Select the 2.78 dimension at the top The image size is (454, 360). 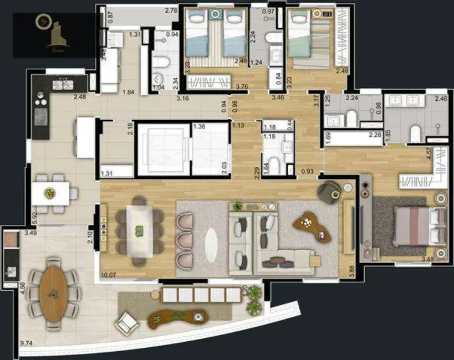[171, 11]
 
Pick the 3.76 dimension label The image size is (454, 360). [241, 86]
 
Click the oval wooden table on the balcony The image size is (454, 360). [53, 294]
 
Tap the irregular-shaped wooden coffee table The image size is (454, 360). [313, 227]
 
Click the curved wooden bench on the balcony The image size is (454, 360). [178, 317]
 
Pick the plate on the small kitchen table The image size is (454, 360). [50, 193]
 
